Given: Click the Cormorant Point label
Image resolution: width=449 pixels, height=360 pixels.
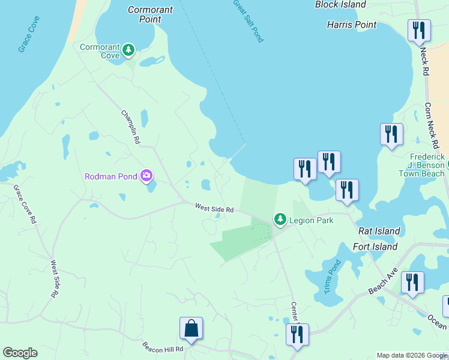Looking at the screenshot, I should pos(150,14).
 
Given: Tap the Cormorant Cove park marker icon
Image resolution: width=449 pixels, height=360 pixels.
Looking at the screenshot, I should pos(128,50).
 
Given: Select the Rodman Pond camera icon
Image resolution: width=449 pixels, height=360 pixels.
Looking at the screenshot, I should pos(146,176).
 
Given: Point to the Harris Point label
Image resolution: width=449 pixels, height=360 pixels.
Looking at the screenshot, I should pos(352,25).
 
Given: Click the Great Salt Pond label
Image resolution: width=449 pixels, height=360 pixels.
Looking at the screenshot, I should pos(249,20).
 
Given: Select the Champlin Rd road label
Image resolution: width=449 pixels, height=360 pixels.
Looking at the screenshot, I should pos(130,127).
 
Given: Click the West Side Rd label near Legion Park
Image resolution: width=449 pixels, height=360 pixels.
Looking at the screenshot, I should pos(214,208).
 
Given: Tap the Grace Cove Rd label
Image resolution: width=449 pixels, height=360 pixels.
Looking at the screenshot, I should pos(25,204).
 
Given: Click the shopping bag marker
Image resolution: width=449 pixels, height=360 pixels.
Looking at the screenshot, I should pos(191,329).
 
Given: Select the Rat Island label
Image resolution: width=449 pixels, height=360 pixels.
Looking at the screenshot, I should pos(379,231).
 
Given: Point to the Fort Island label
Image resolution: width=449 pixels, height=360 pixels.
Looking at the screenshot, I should pos(375,247).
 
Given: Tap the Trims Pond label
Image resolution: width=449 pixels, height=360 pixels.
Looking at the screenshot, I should pos(332,277).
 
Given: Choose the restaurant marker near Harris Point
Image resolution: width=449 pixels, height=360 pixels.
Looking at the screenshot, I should pos(419,30).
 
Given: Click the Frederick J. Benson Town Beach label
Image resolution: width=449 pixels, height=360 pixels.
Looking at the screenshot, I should pos(422,164).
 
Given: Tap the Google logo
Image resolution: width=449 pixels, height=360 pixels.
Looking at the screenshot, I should pos(20,353).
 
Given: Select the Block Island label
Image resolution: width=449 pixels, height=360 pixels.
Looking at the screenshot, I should pos(340,5).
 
